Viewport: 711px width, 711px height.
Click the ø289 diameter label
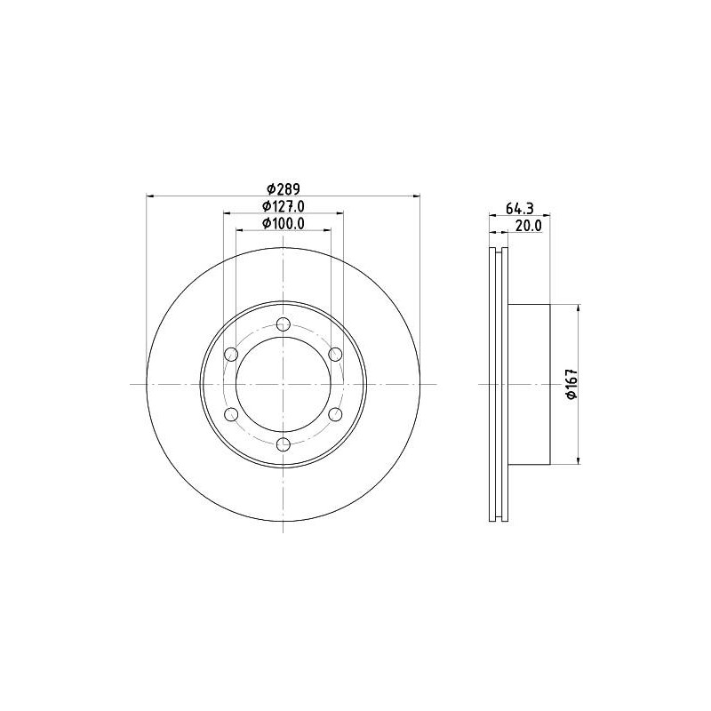point(284,188)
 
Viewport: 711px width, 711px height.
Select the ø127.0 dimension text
point(284,206)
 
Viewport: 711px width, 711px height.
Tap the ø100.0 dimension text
point(284,223)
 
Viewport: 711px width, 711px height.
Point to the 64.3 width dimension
point(520,209)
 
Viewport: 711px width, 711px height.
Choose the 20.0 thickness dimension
point(529,226)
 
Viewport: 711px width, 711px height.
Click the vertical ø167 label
point(571,384)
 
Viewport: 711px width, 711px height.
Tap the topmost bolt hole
point(284,324)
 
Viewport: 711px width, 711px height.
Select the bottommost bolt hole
point(284,444)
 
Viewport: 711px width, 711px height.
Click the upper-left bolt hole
point(231,354)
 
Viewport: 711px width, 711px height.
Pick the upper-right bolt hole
point(335,354)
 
